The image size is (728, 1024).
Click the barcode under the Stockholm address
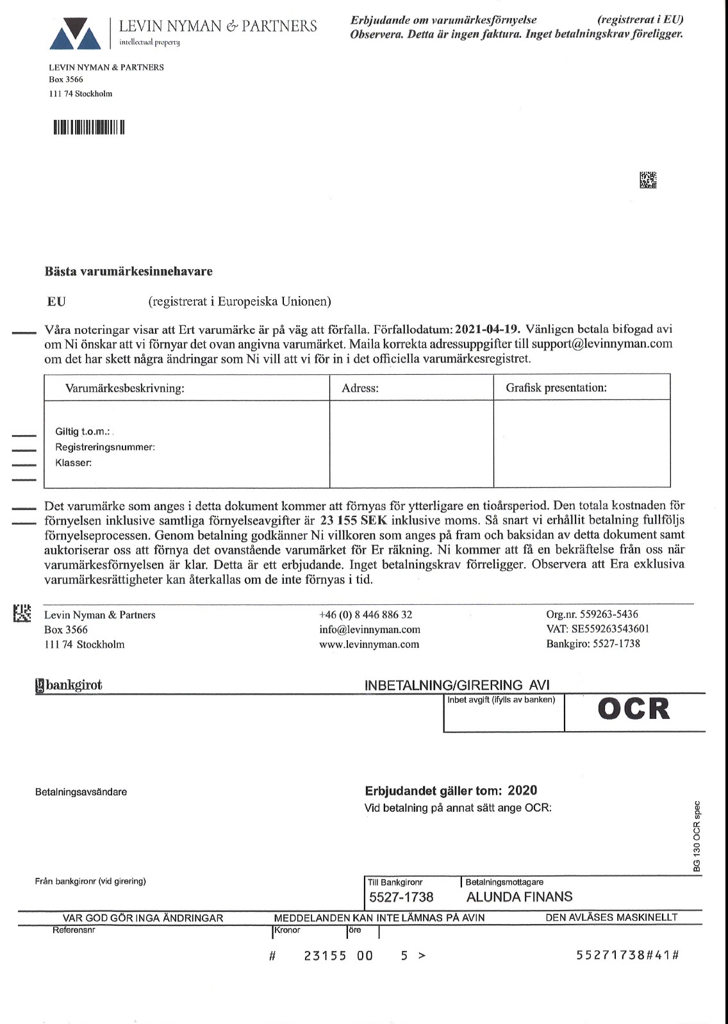coord(88,127)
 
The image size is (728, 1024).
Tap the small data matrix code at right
coord(648,180)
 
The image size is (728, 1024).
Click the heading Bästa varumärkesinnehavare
coord(128,271)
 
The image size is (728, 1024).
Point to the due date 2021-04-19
coord(487,329)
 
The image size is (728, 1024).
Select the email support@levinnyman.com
coord(602,343)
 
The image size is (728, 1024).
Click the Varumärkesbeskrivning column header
coord(124,388)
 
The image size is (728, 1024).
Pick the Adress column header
coord(360,388)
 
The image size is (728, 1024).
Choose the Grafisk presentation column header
coord(556,388)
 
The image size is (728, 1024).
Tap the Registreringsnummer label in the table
coord(105,447)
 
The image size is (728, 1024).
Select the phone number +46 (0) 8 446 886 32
coord(365,615)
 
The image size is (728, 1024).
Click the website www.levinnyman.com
coord(369,644)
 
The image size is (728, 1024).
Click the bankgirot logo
coord(69,685)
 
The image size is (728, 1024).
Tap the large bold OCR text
coord(633,709)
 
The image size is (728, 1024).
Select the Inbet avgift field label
coord(500,700)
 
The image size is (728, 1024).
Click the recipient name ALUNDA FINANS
coord(519,896)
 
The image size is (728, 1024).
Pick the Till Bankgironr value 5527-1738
coord(401,897)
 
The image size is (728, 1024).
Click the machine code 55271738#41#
coord(627,955)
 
